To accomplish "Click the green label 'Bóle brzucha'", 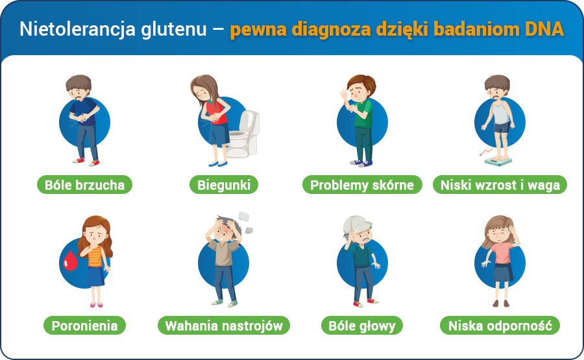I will point(84,185).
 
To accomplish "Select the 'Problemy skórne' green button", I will point(361,185).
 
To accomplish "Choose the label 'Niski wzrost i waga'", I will point(500,185).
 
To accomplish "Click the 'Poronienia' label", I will point(84,326).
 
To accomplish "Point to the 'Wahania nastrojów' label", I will point(224,326).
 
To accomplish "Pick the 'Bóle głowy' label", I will point(361,326).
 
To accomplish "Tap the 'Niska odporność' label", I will point(500,326).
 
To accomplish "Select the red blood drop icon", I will point(69,259).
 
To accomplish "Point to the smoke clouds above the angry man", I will point(245,221).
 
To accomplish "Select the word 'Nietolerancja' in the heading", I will point(77,30).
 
